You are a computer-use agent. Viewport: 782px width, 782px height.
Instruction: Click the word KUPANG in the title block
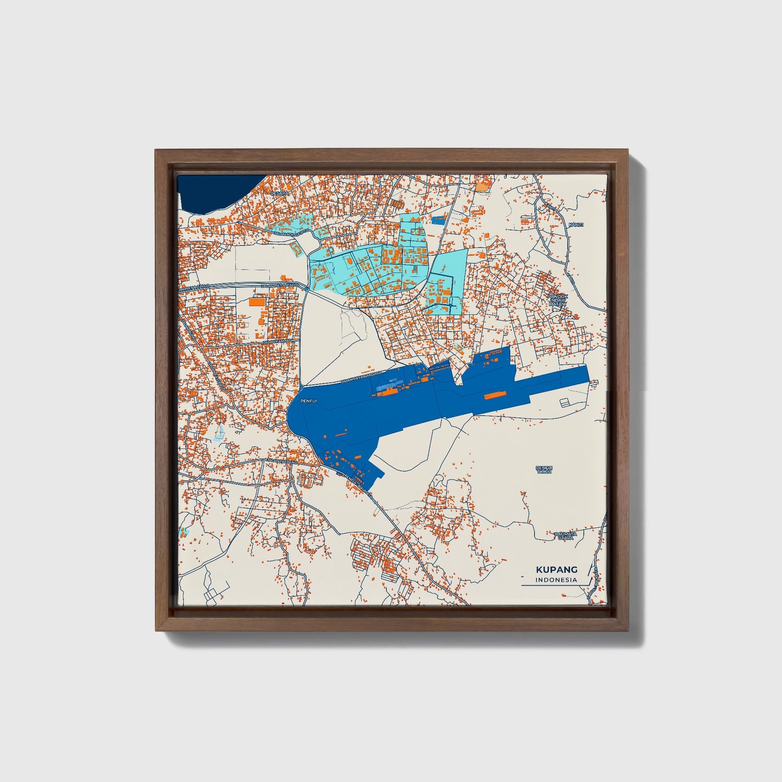pos(556,569)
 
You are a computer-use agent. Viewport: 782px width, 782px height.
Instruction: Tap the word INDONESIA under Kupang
pos(556,580)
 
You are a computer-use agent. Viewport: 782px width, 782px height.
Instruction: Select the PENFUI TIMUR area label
pos(544,469)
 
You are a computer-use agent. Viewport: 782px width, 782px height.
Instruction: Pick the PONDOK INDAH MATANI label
pos(556,301)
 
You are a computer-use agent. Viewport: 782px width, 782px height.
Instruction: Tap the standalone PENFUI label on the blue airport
pos(308,401)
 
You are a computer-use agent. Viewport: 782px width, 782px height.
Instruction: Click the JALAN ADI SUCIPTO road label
pos(293,231)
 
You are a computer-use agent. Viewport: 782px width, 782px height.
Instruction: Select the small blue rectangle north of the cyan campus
pos(438,220)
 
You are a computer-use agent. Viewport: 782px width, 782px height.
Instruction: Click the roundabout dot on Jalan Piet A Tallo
pos(307,289)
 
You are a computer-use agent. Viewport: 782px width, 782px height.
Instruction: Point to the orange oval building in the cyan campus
pos(350,261)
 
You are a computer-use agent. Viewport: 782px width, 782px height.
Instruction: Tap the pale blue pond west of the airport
pos(219,432)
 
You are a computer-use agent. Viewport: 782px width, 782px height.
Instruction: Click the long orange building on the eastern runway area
pos(491,396)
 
